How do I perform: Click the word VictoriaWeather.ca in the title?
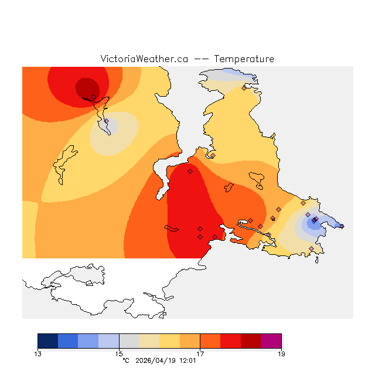click(144, 59)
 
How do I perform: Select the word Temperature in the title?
click(244, 59)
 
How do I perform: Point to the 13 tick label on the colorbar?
click(38, 353)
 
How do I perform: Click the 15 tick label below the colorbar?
click(119, 353)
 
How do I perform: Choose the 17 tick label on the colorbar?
click(200, 353)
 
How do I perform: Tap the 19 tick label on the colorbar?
click(281, 353)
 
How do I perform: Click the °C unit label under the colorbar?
click(125, 361)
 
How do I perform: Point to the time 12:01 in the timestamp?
click(187, 361)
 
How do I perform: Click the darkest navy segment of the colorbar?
click(48, 341)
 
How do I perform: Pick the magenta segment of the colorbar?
click(271, 341)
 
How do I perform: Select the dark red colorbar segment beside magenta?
click(251, 341)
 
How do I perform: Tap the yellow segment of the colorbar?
click(170, 341)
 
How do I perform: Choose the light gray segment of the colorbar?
click(129, 341)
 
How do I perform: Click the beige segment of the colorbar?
click(149, 341)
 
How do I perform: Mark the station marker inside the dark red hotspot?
click(93, 97)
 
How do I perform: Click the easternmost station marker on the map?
click(342, 226)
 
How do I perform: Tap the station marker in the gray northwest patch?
click(107, 121)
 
